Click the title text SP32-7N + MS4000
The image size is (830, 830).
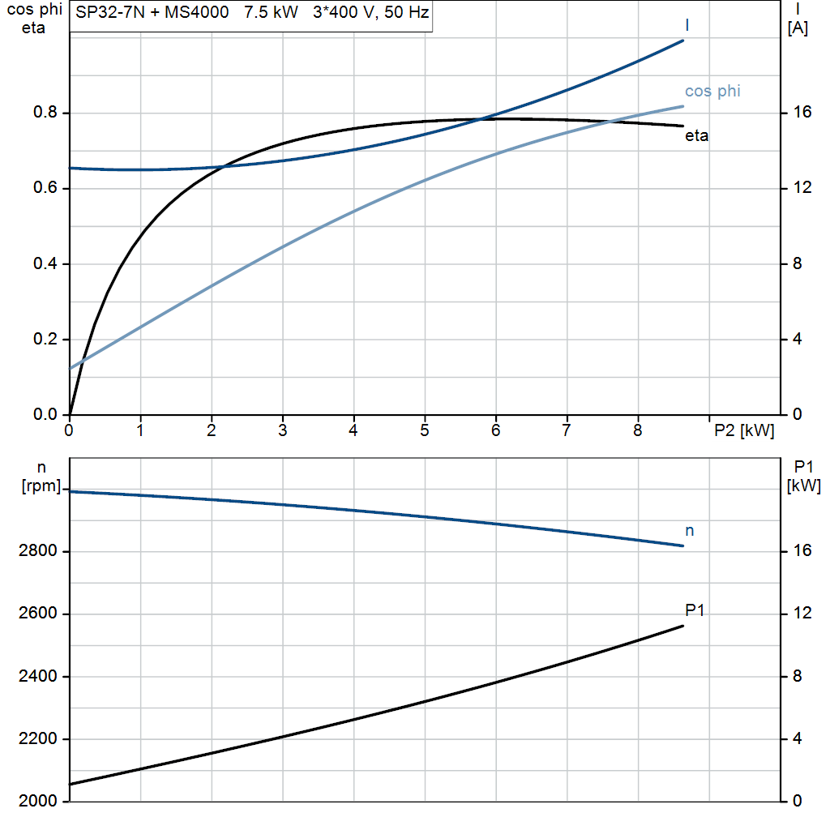click(146, 15)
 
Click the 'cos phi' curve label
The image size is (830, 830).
click(712, 91)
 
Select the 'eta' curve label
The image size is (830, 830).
click(696, 136)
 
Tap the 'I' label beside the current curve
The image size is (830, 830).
click(687, 26)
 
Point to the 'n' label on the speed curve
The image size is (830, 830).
click(690, 531)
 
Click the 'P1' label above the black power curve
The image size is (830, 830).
click(695, 610)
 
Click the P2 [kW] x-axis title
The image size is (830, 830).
click(743, 431)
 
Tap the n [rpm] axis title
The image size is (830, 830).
click(40, 477)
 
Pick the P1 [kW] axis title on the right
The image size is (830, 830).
click(803, 477)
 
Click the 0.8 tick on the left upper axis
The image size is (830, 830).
click(45, 113)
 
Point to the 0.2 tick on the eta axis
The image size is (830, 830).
click(45, 340)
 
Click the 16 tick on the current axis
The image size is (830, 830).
click(802, 113)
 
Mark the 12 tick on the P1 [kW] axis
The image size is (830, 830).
click(802, 614)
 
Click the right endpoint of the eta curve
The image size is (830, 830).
click(683, 126)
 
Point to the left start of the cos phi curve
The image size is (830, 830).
click(71, 368)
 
